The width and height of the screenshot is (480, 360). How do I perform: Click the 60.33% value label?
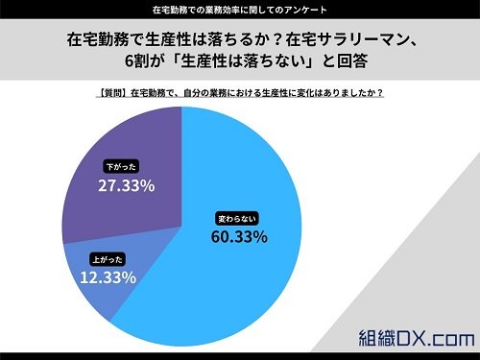pos(239,237)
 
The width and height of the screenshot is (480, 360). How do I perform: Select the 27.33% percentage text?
pos(127,185)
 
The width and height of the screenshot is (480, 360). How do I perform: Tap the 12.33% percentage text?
pos(108,277)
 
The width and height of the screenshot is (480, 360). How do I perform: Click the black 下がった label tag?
pos(121,167)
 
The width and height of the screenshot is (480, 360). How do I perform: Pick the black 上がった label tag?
pos(108,259)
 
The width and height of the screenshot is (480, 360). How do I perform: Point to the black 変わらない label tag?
pos(237,219)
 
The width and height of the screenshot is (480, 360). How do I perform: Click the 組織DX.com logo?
pos(416,338)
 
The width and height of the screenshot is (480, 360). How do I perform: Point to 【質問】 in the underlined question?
pos(112,93)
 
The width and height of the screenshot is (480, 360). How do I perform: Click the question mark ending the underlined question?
pos(380,93)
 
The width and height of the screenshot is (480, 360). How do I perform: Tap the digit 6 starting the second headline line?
pos(129,60)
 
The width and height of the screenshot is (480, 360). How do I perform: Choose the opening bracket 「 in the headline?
pos(173,60)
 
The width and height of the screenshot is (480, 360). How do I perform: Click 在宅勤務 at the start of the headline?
pos(98,39)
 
